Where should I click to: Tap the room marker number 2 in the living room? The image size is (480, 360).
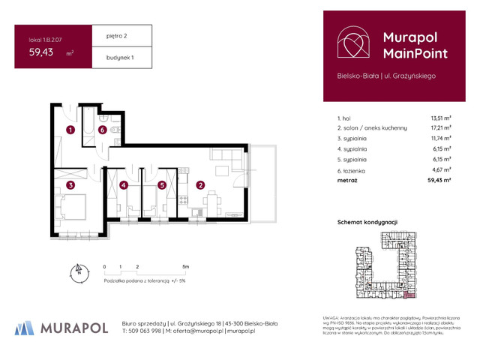tap(200, 184)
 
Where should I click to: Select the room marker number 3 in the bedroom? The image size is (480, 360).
tap(69, 184)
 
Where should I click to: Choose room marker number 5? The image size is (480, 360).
tap(161, 184)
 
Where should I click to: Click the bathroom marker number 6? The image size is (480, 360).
tap(102, 130)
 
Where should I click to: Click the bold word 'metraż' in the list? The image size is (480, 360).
tap(348, 181)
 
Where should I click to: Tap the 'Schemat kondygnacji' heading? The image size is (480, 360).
tap(367, 223)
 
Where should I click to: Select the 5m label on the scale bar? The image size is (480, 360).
tap(185, 266)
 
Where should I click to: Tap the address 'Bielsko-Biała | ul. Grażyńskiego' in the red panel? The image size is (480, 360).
tap(386, 75)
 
